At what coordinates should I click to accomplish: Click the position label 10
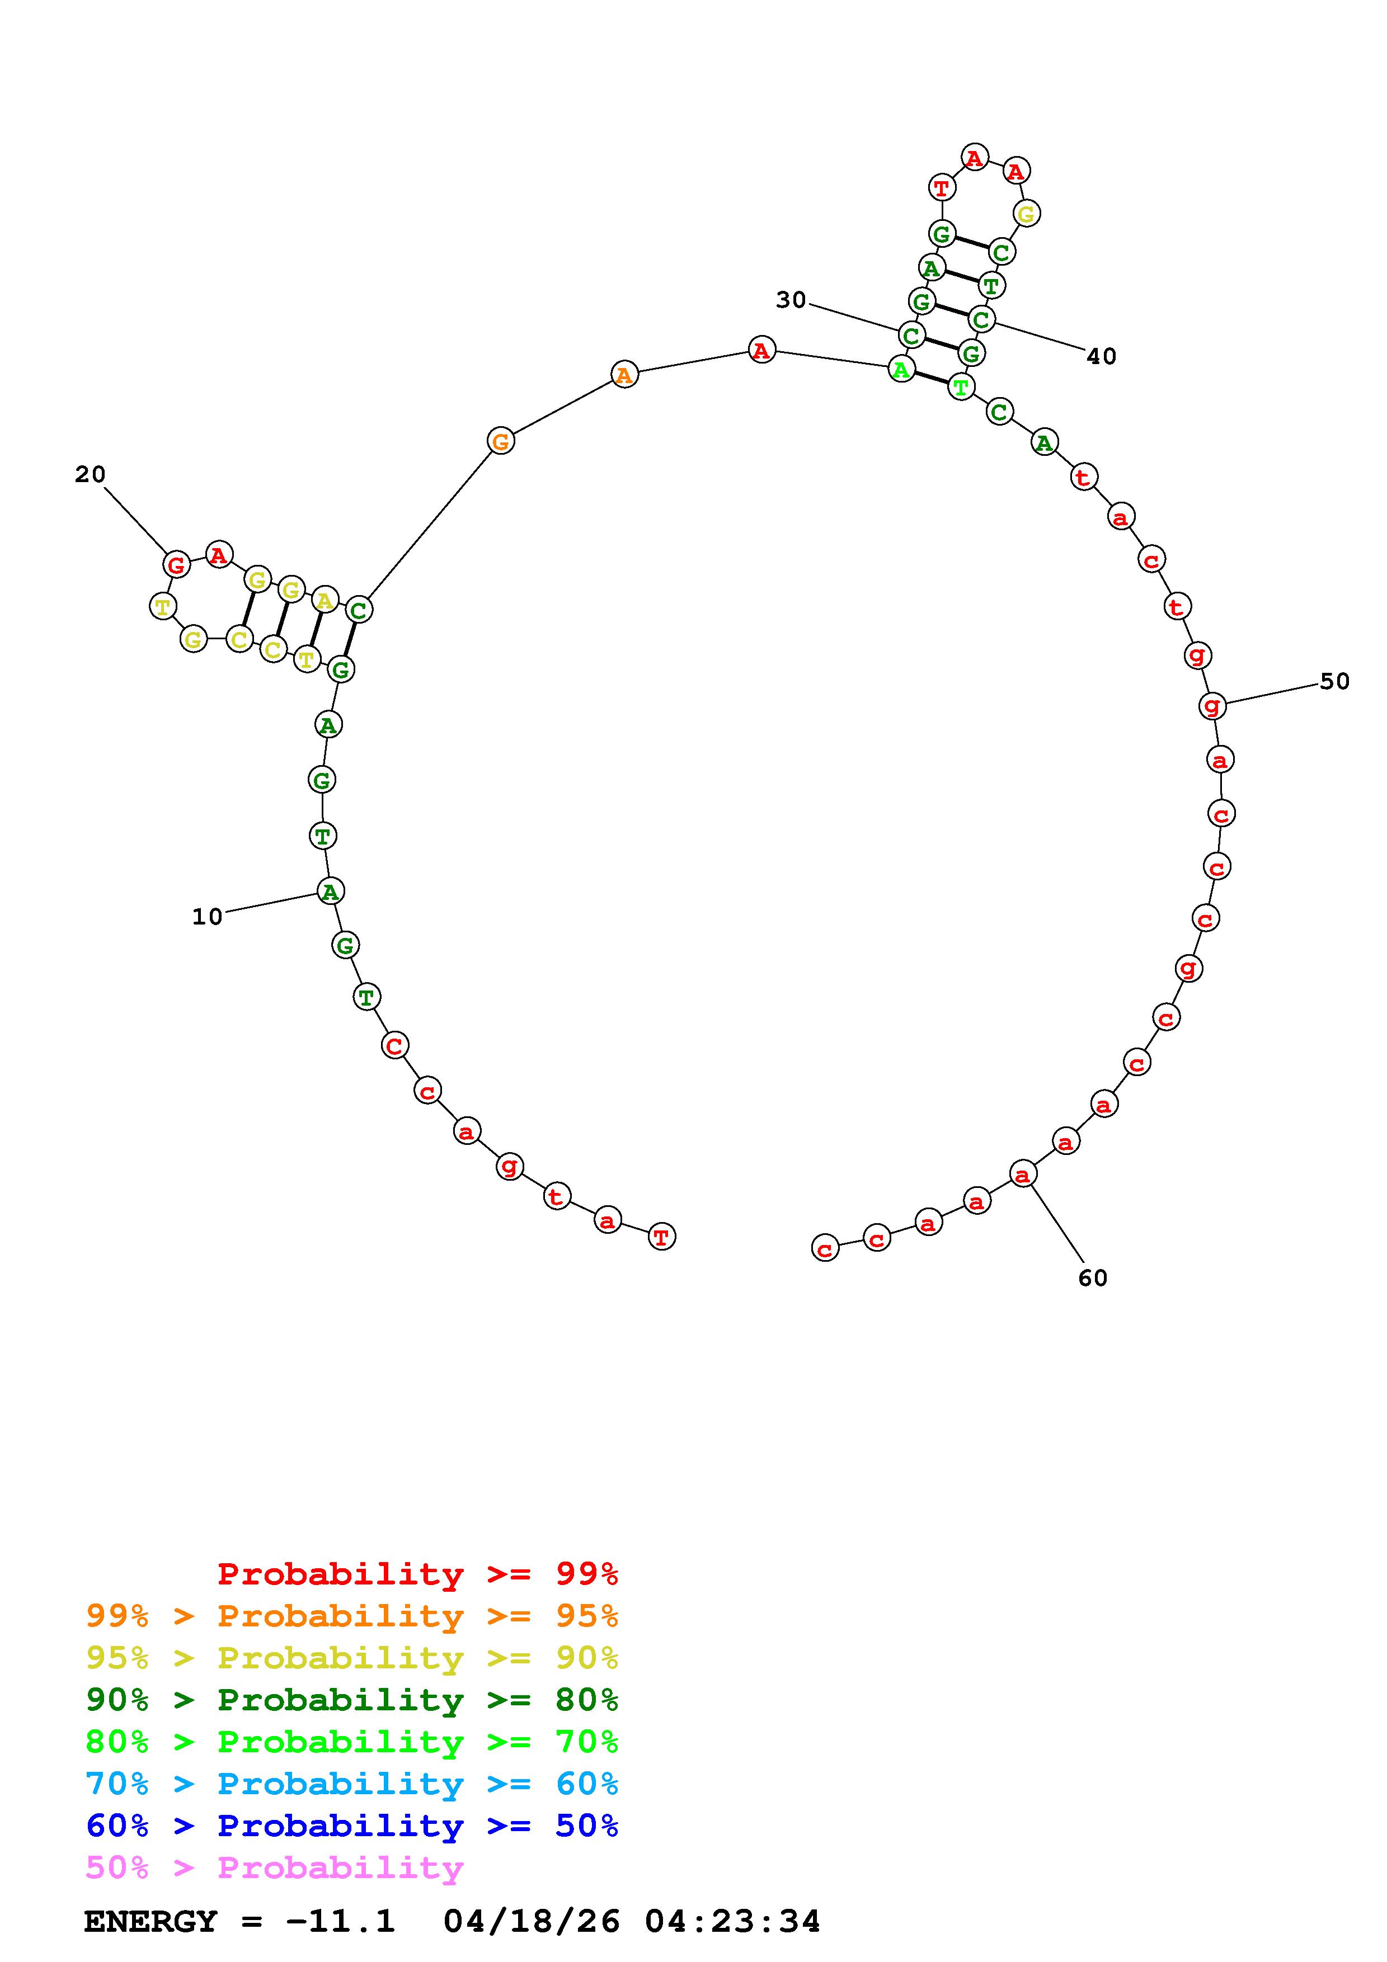(207, 917)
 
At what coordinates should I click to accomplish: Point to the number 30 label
(791, 300)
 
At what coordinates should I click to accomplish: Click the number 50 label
(1335, 681)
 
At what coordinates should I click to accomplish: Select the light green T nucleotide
(961, 387)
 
